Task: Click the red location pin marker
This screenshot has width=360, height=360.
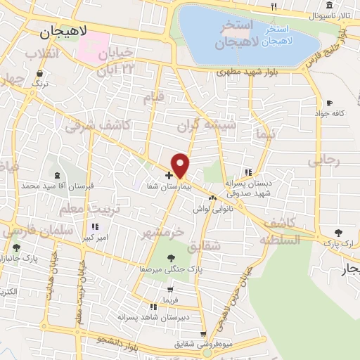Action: [x=181, y=165]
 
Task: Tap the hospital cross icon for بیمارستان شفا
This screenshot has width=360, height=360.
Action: [x=169, y=174]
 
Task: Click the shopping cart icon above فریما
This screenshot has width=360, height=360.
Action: [x=169, y=290]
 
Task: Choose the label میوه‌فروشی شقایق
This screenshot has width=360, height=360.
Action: [x=203, y=345]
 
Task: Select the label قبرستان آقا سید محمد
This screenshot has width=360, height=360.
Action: [x=57, y=186]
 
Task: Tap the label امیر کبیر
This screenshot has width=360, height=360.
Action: [x=94, y=238]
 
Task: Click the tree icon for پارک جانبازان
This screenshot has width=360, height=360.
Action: [x=16, y=247]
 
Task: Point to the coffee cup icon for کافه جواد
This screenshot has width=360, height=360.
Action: [x=329, y=103]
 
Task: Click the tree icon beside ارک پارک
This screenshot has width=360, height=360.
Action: [x=339, y=232]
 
